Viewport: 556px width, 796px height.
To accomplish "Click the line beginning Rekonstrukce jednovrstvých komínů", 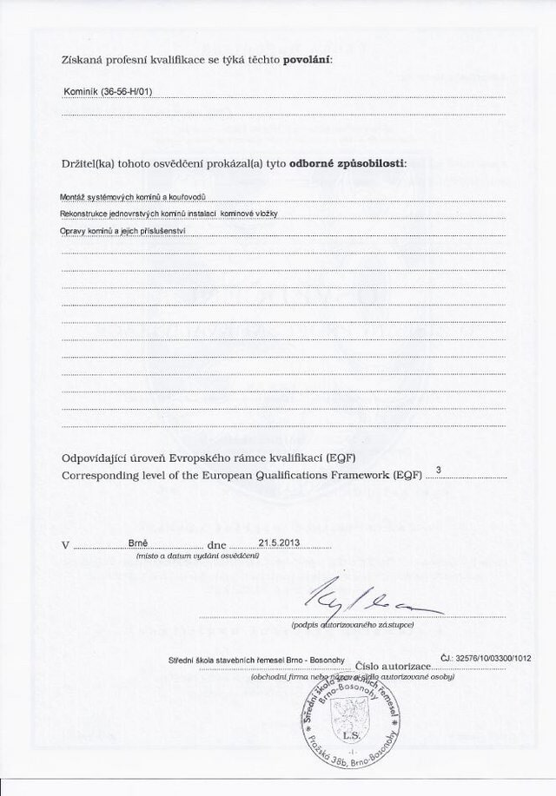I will [x=168, y=214].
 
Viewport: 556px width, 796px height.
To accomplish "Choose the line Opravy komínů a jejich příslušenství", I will [x=122, y=231].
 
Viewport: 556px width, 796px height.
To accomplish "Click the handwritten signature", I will [x=356, y=596].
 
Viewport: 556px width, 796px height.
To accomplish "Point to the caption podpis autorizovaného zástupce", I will [x=352, y=624].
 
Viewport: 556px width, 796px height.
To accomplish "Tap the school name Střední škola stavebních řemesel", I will [x=256, y=661].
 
